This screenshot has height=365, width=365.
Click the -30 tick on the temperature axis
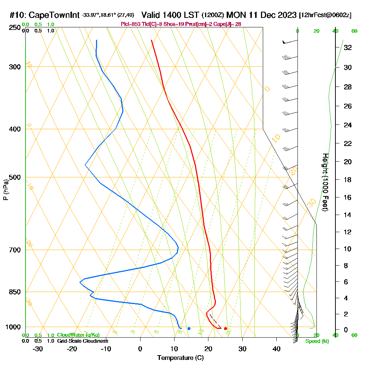coord(38,349)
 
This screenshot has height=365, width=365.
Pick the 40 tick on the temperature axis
coord(276,349)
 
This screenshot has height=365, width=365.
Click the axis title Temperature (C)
coord(180,358)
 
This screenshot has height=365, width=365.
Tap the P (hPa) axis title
coord(5,190)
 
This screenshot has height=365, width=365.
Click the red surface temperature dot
coord(225,328)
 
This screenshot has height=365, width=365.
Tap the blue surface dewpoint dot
coord(189,328)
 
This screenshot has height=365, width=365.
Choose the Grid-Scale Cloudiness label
coord(82,341)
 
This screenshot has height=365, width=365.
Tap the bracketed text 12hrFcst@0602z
coord(325,15)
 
